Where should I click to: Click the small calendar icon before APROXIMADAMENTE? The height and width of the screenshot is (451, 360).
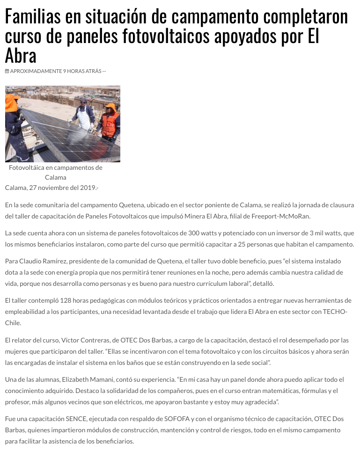(x=7, y=71)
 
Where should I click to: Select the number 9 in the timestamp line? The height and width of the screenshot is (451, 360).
(x=65, y=71)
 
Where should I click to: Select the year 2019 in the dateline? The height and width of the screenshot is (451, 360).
(x=84, y=188)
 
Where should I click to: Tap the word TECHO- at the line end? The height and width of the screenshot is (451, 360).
(x=335, y=312)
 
